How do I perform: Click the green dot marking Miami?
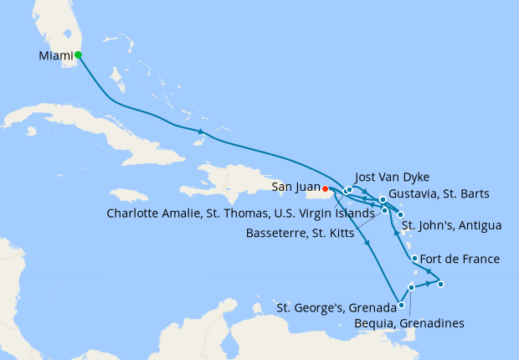click(78, 55)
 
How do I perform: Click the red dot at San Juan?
click(325, 188)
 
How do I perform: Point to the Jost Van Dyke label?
click(392, 177)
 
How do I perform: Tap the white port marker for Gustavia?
click(383, 199)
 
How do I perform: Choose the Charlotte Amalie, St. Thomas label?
click(240, 213)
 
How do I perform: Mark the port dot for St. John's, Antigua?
click(400, 214)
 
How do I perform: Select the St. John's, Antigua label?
click(451, 225)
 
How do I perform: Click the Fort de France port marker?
click(415, 258)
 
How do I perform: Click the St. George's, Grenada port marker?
click(402, 306)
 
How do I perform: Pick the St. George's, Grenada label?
click(336, 307)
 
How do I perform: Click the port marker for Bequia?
click(411, 287)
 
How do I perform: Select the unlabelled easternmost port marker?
click(440, 285)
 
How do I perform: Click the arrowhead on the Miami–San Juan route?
click(201, 131)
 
